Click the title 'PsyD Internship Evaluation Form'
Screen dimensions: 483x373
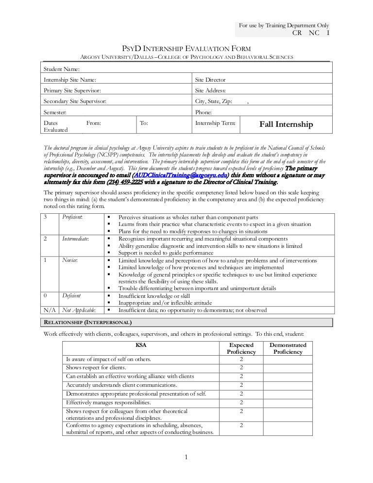tap(186, 48)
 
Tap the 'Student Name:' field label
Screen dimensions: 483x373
tap(62, 69)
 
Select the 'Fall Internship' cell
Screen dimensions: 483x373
tap(286, 125)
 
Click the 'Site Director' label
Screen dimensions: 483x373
tap(210, 80)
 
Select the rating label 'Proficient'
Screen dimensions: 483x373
tap(73, 217)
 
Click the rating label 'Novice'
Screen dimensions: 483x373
tap(70, 260)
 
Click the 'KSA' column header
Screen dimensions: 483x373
tap(142, 345)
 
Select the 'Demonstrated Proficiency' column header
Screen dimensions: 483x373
tap(288, 348)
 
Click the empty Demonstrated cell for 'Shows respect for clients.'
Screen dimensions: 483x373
tap(288, 368)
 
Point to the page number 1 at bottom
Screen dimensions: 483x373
tap(186, 456)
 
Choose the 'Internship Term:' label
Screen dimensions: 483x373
tap(215, 123)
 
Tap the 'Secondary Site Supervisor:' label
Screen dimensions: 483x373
tap(74, 101)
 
